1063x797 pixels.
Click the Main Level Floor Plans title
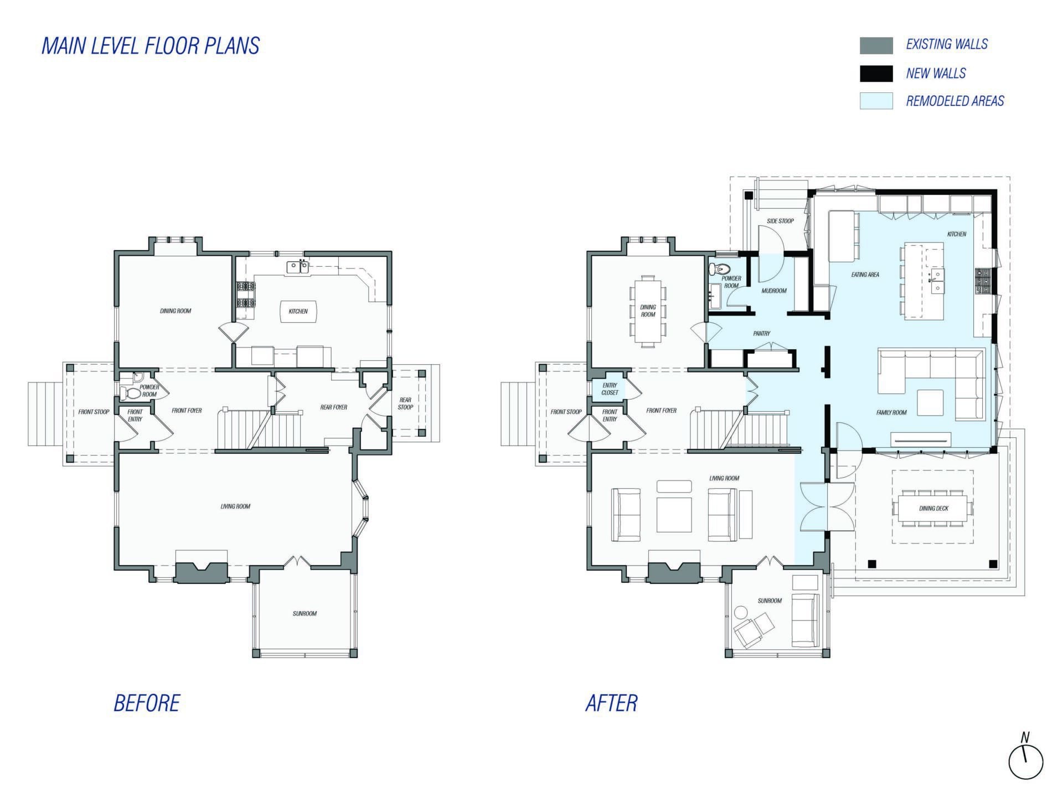click(x=151, y=46)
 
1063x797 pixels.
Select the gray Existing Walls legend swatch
click(x=876, y=45)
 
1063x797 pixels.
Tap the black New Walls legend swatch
click(x=876, y=74)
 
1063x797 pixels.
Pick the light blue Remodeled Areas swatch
click(x=876, y=101)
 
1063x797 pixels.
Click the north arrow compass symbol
click(x=1025, y=760)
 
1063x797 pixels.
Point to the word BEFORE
click(x=147, y=703)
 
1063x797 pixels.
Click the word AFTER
click(x=611, y=703)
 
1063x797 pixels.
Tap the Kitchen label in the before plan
click(x=298, y=311)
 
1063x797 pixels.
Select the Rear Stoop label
click(x=405, y=403)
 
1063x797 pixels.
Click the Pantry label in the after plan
click(x=761, y=334)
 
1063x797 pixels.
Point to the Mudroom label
click(x=773, y=291)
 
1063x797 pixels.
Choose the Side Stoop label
click(x=780, y=221)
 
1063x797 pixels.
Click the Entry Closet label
click(x=610, y=389)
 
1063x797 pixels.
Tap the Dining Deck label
click(x=933, y=508)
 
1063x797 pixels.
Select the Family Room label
click(x=891, y=412)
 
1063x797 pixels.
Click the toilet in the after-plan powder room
click(x=719, y=270)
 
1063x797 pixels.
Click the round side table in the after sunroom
click(x=740, y=613)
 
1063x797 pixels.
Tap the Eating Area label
click(x=865, y=275)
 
